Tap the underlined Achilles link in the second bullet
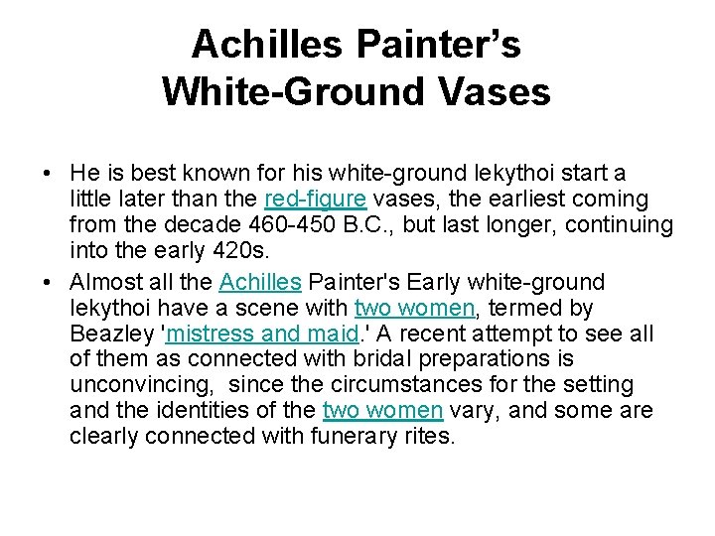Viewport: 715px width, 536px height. [x=259, y=282]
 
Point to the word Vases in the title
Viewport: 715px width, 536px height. [x=494, y=92]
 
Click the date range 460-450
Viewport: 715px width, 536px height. [x=272, y=225]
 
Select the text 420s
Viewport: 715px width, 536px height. [x=234, y=251]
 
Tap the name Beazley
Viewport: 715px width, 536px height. [x=111, y=333]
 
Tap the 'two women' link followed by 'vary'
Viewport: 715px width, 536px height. [x=383, y=409]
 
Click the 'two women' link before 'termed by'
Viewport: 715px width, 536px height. [x=415, y=307]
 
